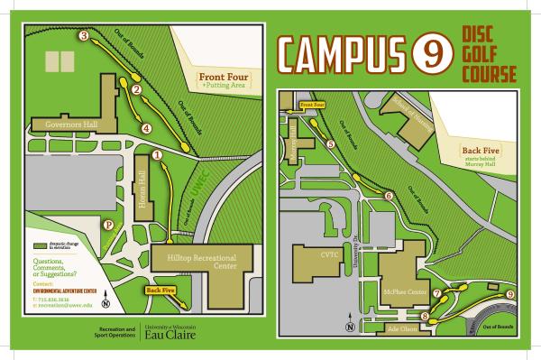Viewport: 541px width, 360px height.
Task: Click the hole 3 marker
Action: click(x=84, y=37)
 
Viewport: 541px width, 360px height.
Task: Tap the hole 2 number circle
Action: click(x=136, y=89)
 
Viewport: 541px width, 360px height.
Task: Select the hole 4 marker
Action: click(x=145, y=128)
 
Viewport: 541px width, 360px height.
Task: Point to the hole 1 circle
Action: click(x=158, y=155)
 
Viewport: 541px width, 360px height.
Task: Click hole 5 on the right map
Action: click(x=331, y=143)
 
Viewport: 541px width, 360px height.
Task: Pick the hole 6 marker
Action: click(x=389, y=195)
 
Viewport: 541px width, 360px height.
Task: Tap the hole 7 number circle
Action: click(x=437, y=293)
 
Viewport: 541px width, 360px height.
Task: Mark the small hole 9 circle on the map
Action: click(x=510, y=294)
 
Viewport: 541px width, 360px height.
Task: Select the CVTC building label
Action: click(x=327, y=255)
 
